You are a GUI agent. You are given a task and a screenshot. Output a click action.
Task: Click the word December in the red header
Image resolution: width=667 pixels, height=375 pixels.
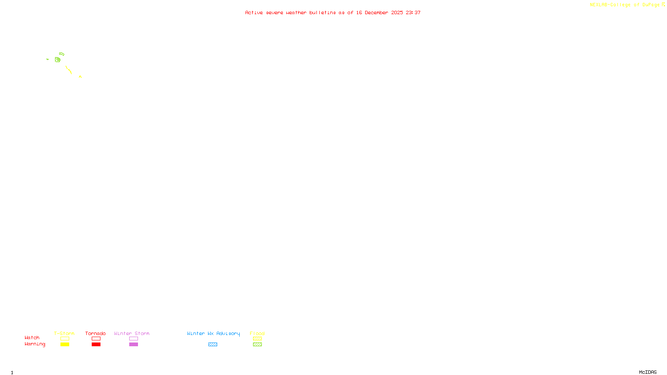[x=376, y=12]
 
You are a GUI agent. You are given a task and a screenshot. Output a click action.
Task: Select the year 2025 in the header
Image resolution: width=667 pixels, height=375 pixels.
[x=397, y=12]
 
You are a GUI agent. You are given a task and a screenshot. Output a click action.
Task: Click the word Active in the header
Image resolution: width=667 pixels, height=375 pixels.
[x=254, y=12]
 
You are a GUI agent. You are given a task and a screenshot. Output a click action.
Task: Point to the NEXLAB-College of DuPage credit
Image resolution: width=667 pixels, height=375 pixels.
[x=625, y=5]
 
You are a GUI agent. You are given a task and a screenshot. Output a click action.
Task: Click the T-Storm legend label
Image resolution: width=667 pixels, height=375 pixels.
[x=64, y=333]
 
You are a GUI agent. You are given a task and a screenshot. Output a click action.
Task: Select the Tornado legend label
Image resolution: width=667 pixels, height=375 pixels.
[x=95, y=333]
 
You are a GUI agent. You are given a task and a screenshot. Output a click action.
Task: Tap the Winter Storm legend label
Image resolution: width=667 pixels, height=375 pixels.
[x=132, y=333]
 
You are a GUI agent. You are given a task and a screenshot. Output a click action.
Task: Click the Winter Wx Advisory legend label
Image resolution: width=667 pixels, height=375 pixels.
[x=213, y=333]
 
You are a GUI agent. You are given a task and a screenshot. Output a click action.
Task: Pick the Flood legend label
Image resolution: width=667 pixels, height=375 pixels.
[x=257, y=333]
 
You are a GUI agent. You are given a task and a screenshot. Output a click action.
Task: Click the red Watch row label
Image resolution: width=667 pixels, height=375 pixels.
[x=32, y=337]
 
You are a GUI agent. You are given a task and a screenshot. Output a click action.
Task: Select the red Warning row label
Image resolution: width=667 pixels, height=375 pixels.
[x=35, y=344]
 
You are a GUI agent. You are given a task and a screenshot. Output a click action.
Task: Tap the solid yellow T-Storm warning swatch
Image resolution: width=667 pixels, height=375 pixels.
[x=65, y=345]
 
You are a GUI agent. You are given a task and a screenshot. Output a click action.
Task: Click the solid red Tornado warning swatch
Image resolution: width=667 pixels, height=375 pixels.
[x=96, y=345]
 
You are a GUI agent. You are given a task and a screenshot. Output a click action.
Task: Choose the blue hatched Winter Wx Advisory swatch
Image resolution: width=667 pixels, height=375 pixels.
[x=213, y=345]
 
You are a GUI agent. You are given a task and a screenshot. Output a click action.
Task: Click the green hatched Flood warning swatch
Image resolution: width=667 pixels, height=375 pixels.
[x=257, y=345]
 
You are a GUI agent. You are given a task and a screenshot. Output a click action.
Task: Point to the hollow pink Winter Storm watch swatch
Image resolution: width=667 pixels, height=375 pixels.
[x=133, y=339]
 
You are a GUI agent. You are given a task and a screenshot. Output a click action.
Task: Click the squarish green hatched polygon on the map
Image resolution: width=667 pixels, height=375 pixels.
[x=58, y=60]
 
